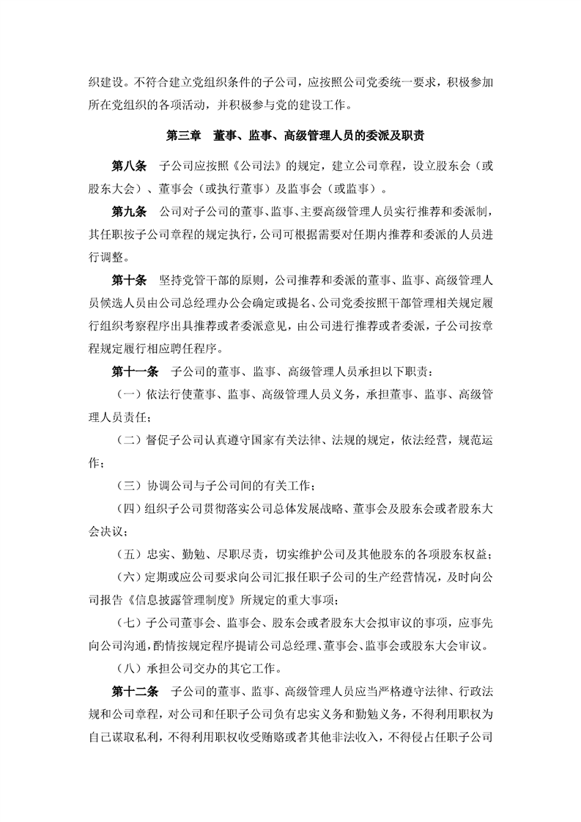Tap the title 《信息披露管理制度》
click(182, 600)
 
